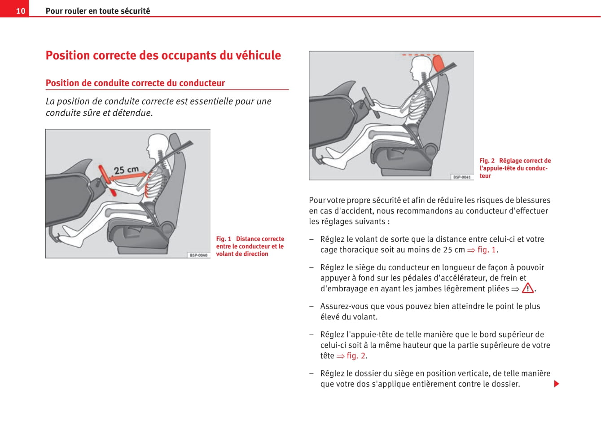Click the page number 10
[21, 11]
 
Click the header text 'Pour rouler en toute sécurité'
[98, 11]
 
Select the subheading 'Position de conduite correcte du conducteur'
[135, 83]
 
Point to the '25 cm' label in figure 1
[126, 170]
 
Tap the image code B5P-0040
[198, 255]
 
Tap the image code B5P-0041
[462, 177]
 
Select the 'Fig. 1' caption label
[224, 239]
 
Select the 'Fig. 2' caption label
[487, 161]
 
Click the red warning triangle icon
[528, 288]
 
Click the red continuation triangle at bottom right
[557, 384]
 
